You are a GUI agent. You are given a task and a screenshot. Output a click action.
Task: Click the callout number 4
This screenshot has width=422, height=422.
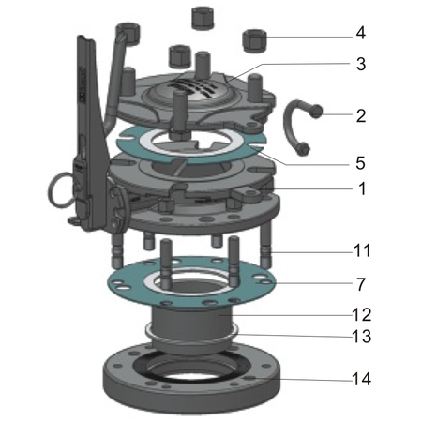(360, 33)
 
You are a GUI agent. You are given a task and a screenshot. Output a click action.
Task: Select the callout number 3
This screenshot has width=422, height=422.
(360, 65)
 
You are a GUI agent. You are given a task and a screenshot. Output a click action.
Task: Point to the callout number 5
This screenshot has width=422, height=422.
(360, 162)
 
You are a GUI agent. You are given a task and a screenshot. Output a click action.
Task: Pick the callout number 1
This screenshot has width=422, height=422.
(360, 188)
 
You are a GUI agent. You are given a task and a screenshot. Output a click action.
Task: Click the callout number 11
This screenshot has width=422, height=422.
(362, 251)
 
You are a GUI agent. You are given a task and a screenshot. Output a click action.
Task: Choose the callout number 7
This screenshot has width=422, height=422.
(360, 282)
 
